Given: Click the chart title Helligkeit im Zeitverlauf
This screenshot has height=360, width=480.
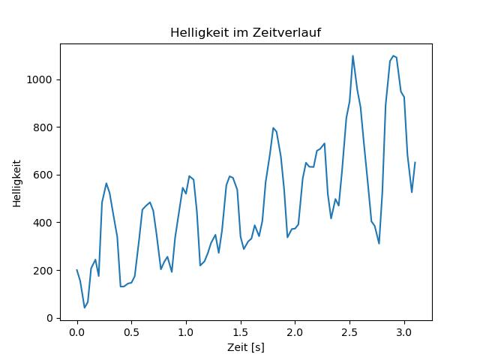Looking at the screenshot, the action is click(x=245, y=32).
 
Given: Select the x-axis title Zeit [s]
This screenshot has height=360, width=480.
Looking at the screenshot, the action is click(x=246, y=347).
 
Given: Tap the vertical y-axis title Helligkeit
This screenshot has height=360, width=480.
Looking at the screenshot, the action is click(x=17, y=183).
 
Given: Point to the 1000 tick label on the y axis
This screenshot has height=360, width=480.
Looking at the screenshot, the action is click(x=39, y=80).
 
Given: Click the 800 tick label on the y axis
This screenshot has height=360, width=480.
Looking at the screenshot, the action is click(x=43, y=127).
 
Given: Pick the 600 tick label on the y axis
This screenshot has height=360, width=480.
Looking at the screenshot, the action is click(x=43, y=175).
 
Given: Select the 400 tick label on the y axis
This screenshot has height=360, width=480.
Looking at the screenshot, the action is click(x=43, y=223).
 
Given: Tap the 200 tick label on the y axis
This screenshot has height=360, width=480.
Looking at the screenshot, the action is click(x=43, y=271).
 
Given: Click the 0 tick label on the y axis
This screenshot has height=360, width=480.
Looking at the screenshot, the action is click(x=49, y=318).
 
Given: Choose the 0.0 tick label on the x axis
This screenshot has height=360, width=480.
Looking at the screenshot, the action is click(x=76, y=332).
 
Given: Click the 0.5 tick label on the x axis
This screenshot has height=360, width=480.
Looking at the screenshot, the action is click(x=131, y=332).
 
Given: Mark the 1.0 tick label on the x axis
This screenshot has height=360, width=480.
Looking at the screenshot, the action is click(x=186, y=332).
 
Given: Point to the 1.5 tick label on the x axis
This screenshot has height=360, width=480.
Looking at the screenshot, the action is click(x=241, y=332).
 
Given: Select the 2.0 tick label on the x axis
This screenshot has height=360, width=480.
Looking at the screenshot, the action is click(x=295, y=332).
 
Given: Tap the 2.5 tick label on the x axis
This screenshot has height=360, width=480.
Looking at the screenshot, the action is click(x=349, y=332).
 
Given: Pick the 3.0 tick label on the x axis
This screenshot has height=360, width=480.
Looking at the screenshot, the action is click(x=404, y=332).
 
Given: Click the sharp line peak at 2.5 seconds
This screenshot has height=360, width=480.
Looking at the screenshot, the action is click(x=352, y=55).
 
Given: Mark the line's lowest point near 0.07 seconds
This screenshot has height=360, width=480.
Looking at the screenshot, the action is click(x=85, y=307).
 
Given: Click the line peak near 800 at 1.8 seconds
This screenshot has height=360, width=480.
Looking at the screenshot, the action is click(x=273, y=128).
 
